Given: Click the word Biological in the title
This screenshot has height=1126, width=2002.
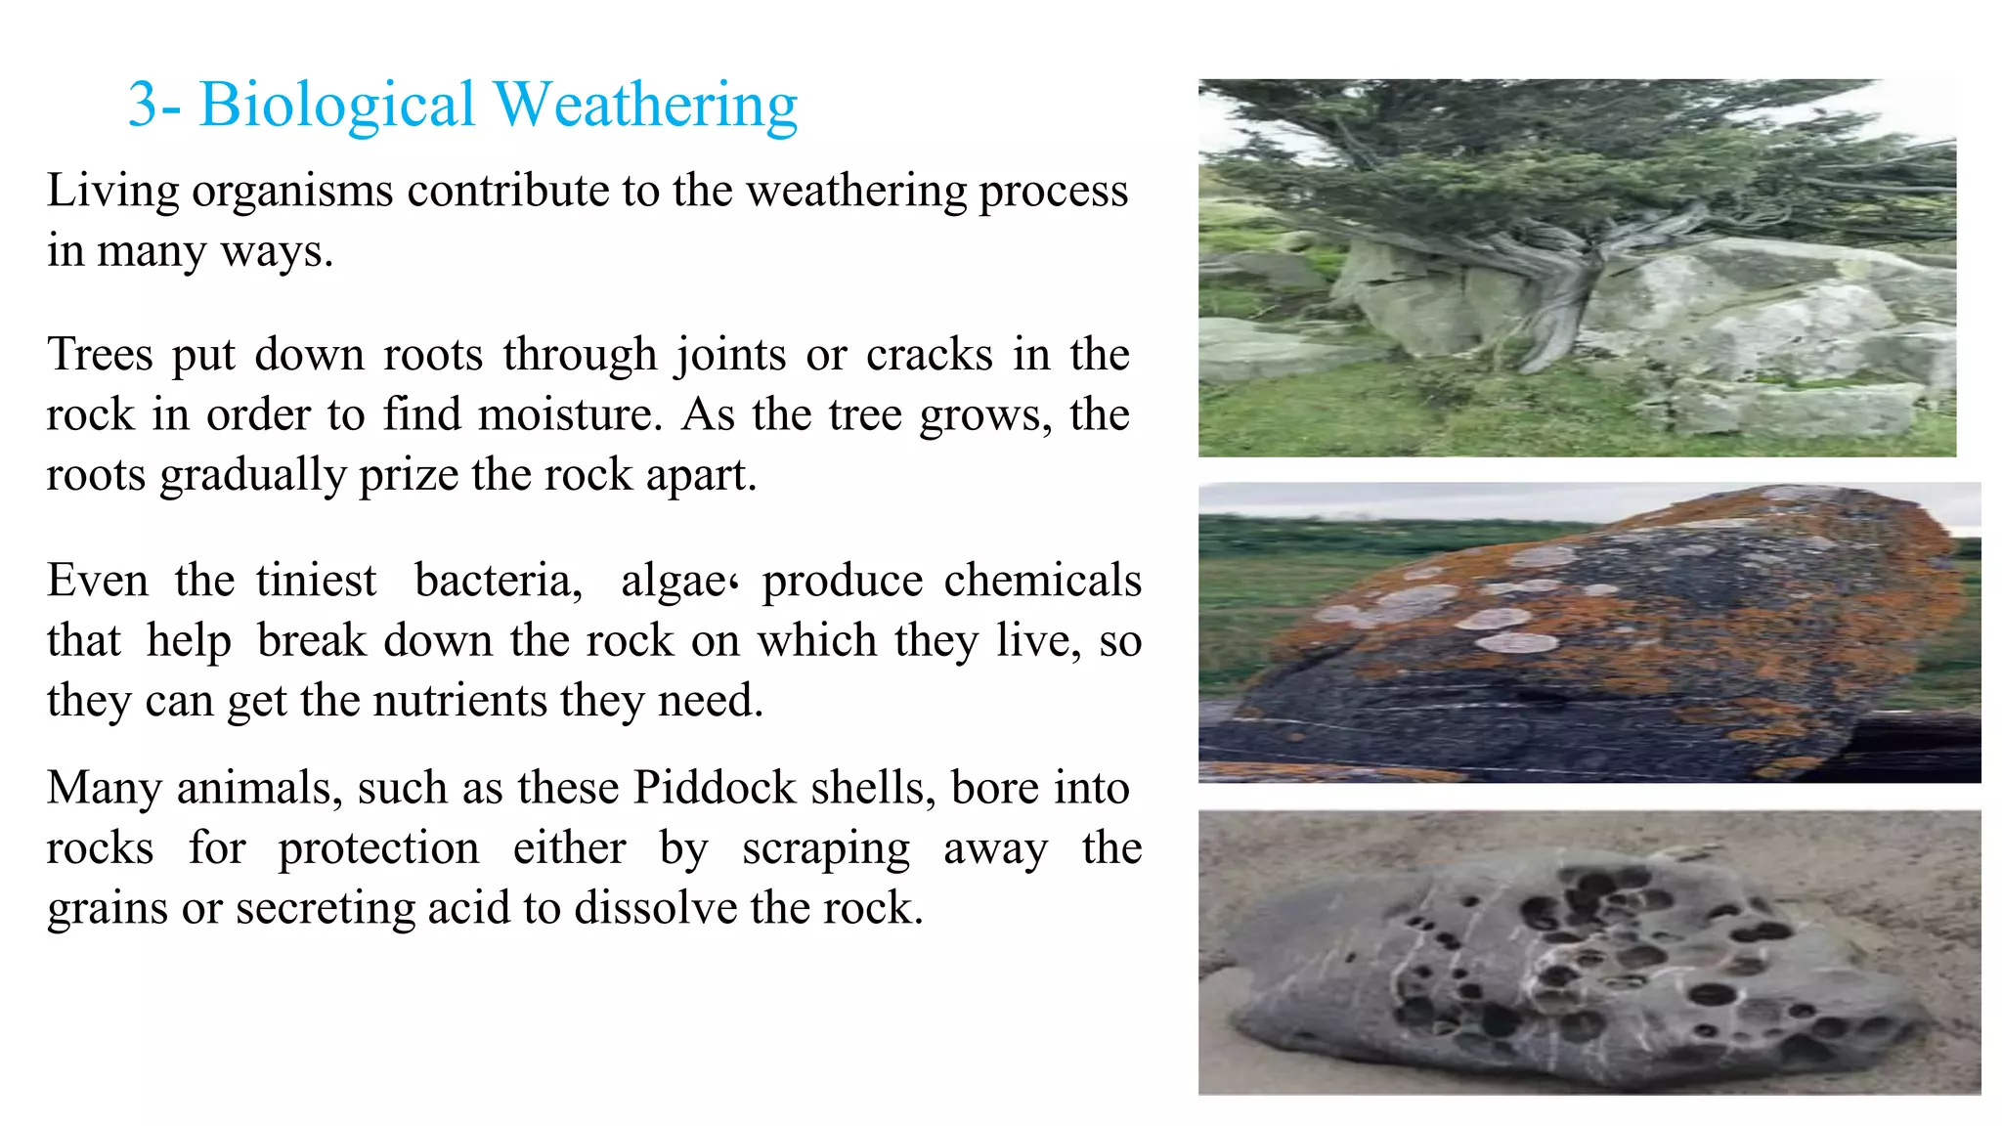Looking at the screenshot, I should pos(336,105).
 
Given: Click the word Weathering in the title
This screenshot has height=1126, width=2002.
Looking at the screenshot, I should pos(645,105).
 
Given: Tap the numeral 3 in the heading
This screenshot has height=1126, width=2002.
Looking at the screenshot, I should pos(142,105).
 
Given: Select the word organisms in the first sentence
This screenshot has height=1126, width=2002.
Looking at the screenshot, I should pos(292,191).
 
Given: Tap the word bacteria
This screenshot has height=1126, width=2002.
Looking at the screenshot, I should pos(498,581).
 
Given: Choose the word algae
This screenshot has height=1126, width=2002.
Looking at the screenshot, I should pos(673,581).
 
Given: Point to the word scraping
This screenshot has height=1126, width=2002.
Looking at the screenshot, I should pos(825,848).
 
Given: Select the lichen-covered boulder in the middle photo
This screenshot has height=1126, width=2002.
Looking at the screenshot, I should pos(1603,635).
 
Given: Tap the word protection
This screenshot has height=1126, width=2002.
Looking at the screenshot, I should pos(378,848).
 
